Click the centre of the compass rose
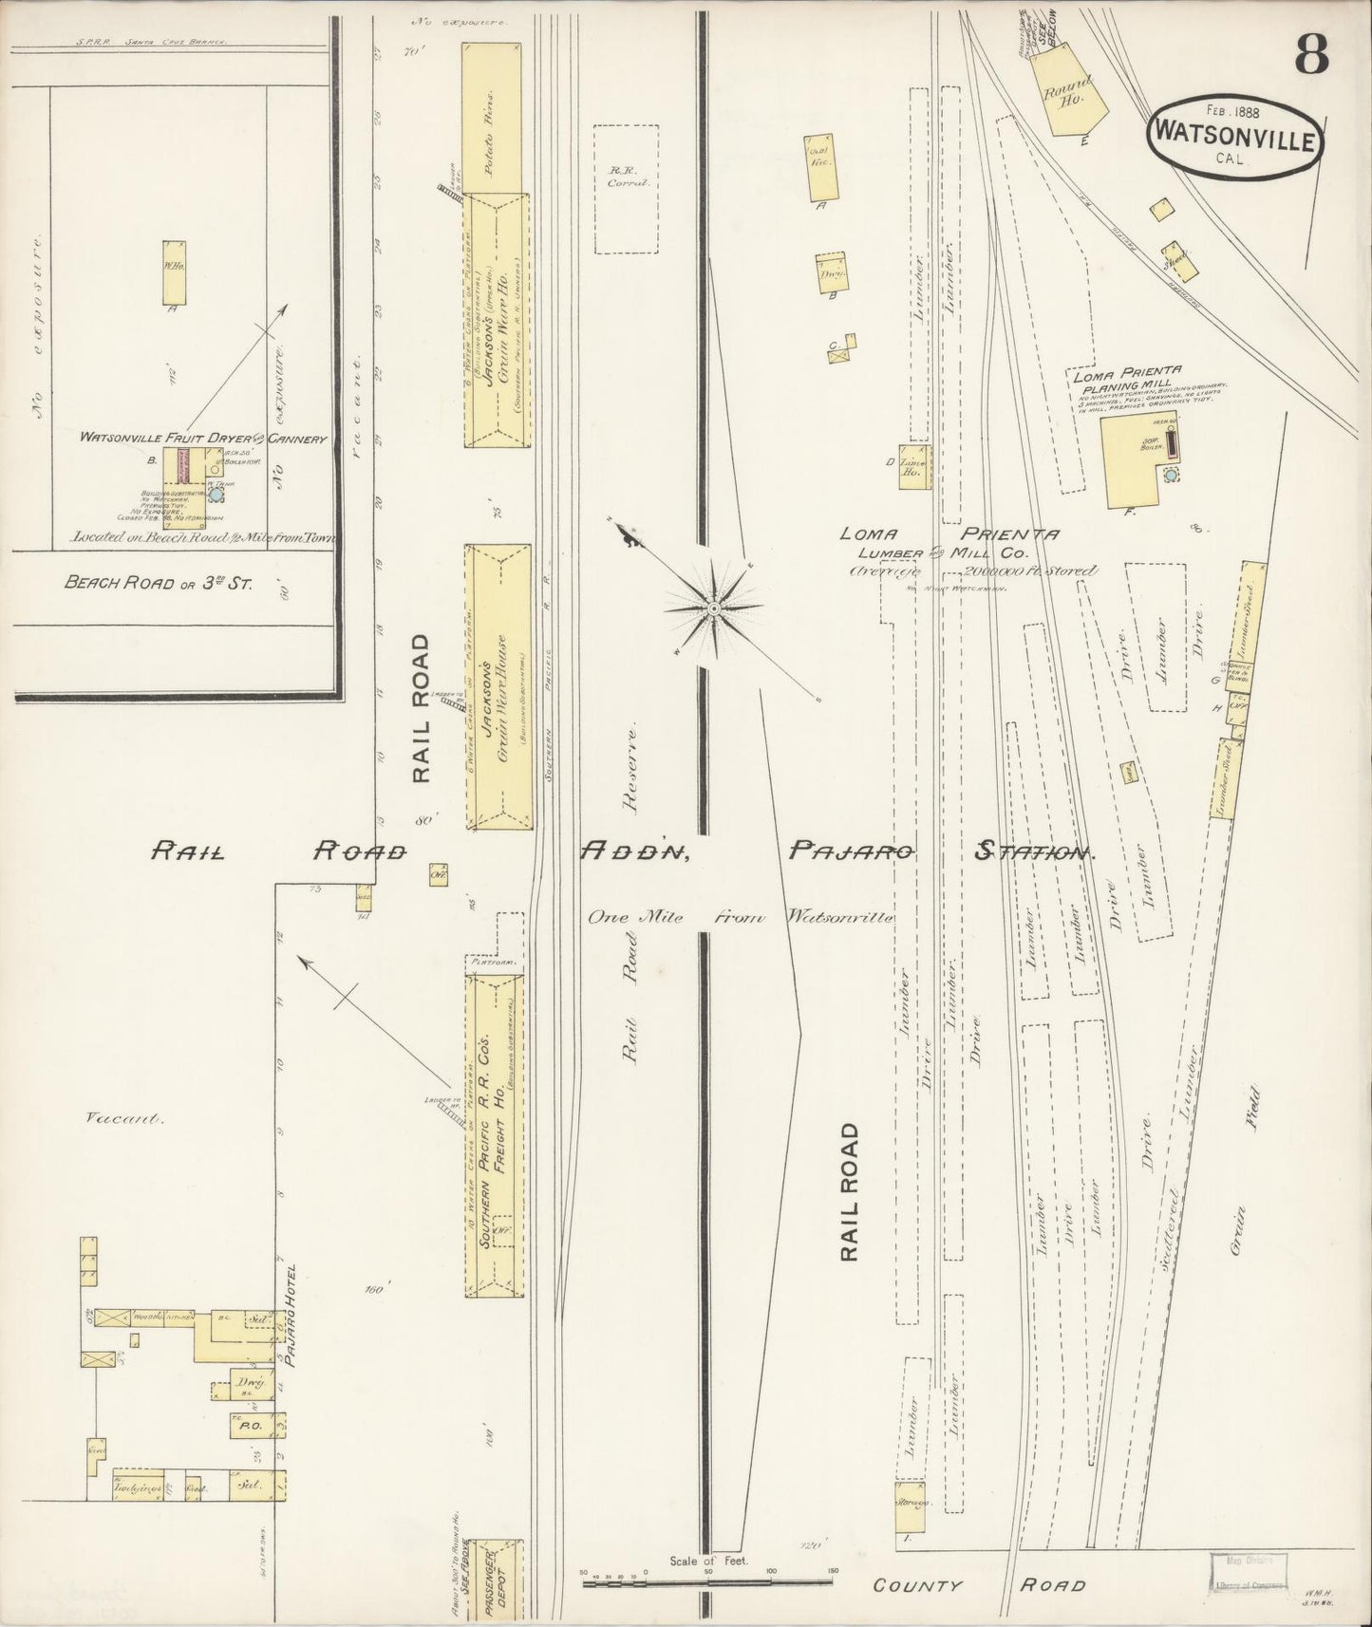point(713,606)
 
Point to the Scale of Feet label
point(708,1560)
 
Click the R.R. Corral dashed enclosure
point(627,189)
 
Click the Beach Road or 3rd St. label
point(159,583)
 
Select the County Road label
point(979,1584)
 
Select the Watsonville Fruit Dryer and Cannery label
point(203,439)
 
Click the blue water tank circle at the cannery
point(216,495)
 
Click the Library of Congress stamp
point(1248,1572)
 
